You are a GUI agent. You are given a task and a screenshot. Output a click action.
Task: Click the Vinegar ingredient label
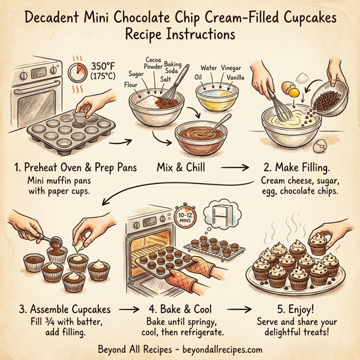point(231,69)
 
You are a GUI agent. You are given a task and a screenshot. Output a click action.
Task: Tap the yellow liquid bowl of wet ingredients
point(218,97)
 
